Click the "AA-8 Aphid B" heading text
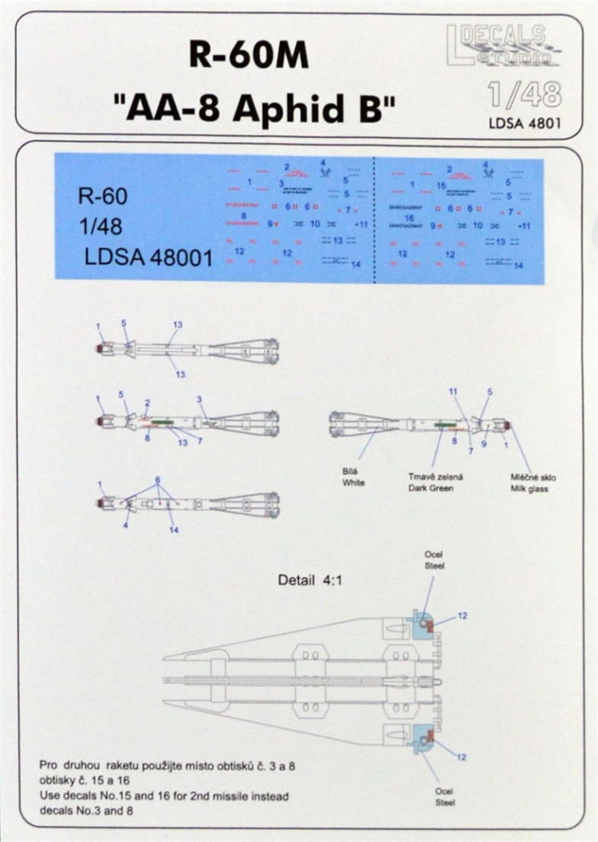tap(261, 108)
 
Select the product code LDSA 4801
tap(525, 124)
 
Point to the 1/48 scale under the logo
tap(525, 95)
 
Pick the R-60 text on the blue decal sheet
tap(102, 196)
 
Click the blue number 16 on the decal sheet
tap(410, 217)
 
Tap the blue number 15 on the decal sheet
tap(441, 185)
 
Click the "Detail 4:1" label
tap(307, 580)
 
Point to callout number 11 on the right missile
tap(453, 391)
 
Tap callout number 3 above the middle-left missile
tap(199, 399)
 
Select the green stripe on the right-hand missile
tap(441, 426)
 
